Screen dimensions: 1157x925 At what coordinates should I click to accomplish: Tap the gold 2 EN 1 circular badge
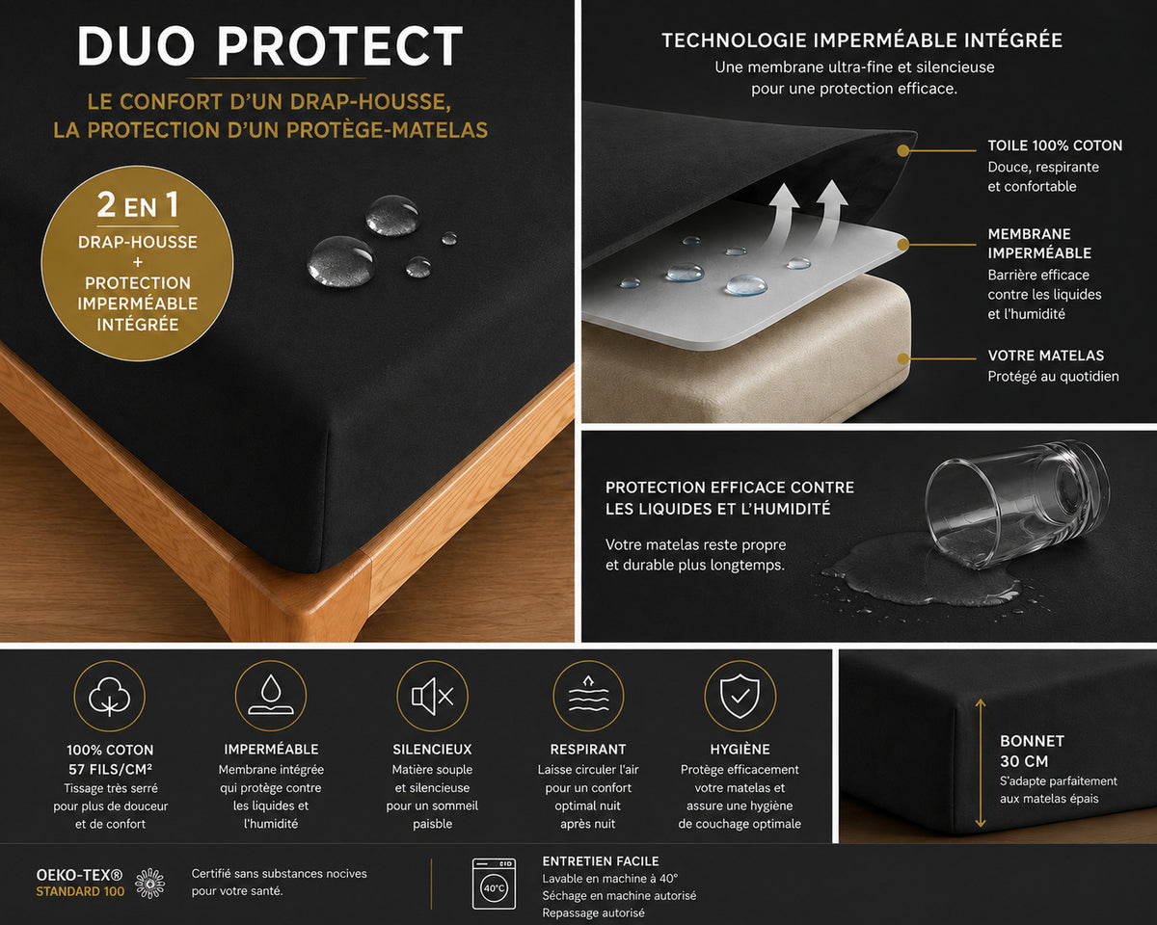pyautogui.click(x=137, y=263)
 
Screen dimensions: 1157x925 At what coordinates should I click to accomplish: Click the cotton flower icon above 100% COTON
pyautogui.click(x=110, y=696)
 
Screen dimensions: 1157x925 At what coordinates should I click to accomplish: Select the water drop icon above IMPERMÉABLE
pyautogui.click(x=271, y=696)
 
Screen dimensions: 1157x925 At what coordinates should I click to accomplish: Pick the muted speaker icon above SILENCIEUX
pyautogui.click(x=432, y=696)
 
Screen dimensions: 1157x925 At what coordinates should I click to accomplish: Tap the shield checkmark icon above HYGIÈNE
pyautogui.click(x=740, y=696)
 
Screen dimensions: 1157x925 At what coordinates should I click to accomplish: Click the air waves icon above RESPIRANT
pyautogui.click(x=588, y=696)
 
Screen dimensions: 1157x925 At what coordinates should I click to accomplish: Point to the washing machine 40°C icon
pyautogui.click(x=494, y=884)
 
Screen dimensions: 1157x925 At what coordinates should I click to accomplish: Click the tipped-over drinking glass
pyautogui.click(x=1016, y=504)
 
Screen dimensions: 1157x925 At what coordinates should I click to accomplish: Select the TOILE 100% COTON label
pyautogui.click(x=1055, y=145)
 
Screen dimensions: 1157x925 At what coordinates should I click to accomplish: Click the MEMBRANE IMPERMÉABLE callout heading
pyautogui.click(x=1039, y=244)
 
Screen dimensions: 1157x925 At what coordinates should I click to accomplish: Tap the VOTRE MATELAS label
pyautogui.click(x=1046, y=356)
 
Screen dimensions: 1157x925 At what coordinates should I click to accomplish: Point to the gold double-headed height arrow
pyautogui.click(x=981, y=763)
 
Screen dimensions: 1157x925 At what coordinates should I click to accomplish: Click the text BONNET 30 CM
pyautogui.click(x=1032, y=751)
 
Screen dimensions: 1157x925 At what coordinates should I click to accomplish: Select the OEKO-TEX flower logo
pyautogui.click(x=150, y=883)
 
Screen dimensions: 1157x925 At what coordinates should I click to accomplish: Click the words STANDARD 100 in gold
pyautogui.click(x=80, y=891)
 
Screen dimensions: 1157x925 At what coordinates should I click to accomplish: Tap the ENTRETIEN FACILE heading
pyautogui.click(x=601, y=861)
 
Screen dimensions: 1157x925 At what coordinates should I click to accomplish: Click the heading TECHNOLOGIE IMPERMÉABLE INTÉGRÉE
pyautogui.click(x=862, y=40)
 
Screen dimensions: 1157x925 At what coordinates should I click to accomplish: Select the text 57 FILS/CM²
pyautogui.click(x=110, y=769)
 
